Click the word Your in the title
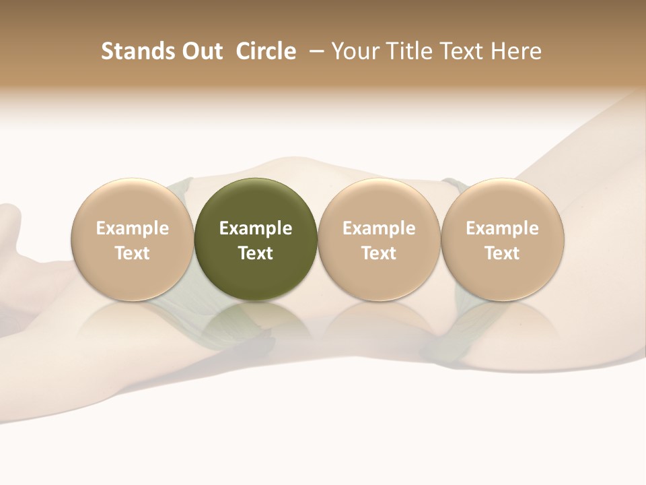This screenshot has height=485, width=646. point(354,51)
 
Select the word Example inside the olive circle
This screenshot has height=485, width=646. point(256,228)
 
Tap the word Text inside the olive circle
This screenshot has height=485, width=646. point(256,253)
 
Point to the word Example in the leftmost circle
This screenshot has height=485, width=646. point(132,228)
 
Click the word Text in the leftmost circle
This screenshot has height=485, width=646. point(132,253)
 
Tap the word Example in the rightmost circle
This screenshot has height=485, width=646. point(502,228)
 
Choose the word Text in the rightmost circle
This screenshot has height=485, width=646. point(502,253)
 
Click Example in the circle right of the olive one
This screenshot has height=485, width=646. point(379,228)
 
